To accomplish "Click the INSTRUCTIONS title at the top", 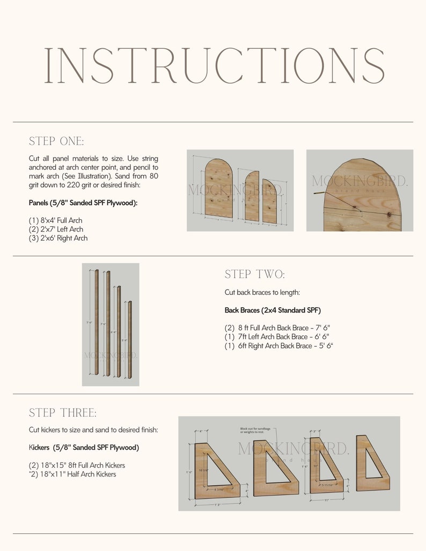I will (214, 65).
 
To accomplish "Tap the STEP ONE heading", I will (56, 142).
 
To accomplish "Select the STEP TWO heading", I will (255, 274).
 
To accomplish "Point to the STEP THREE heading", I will (63, 413).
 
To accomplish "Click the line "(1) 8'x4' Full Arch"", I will (55, 220).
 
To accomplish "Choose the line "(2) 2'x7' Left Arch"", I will (56, 229).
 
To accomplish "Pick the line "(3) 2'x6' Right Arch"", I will (58, 238).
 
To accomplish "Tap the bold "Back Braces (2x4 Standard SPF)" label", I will (273, 310).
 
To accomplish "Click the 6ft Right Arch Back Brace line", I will (279, 346).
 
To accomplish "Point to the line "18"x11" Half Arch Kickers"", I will (72, 474).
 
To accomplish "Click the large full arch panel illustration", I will (219, 189).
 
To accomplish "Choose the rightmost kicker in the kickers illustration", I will (372, 463).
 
